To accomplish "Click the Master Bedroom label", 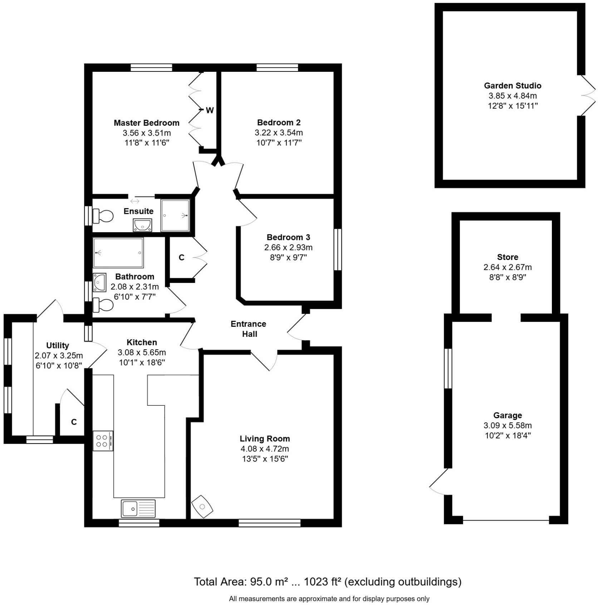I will [x=146, y=123].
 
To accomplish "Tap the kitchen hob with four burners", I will [x=103, y=441].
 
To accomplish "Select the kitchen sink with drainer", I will [x=138, y=508].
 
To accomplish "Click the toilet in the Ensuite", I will [x=103, y=216].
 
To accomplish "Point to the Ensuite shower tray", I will [x=175, y=215].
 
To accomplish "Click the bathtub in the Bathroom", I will [x=118, y=253].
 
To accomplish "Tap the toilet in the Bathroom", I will [x=103, y=305].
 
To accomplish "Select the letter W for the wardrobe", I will [x=210, y=110].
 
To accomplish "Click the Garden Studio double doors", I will [x=587, y=95].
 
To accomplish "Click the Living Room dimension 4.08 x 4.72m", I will [x=265, y=449].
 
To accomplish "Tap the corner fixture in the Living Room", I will [x=202, y=506].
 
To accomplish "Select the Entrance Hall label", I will [x=249, y=329].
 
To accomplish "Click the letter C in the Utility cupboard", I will [x=74, y=422].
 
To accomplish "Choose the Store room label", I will [x=507, y=257].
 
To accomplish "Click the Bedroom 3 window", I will [x=337, y=250].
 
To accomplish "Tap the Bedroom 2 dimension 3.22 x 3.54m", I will [x=279, y=132].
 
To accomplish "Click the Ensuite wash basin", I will [x=142, y=225].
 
